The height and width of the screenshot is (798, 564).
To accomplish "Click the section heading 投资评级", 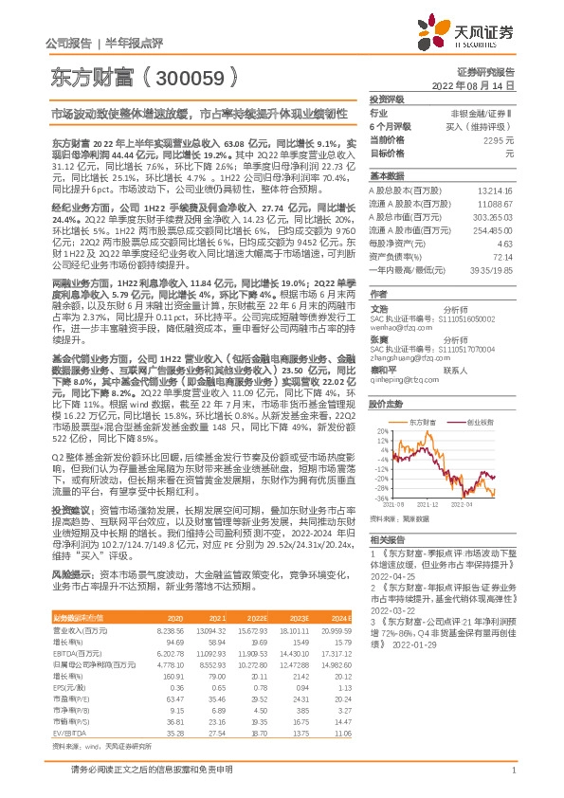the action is pos(387,99).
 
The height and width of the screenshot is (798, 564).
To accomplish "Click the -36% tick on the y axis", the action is pos(380,498).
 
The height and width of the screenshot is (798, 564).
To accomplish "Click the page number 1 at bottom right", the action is pos(513,780).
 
